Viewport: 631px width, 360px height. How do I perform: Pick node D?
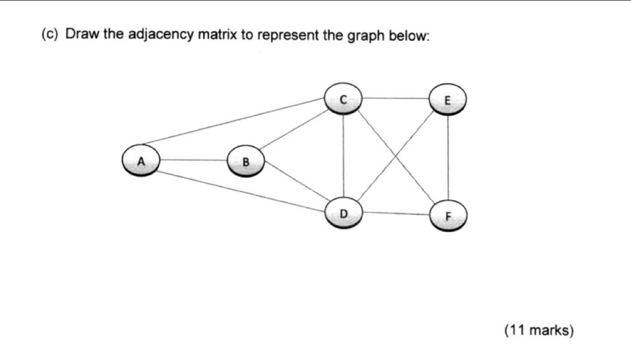point(343,213)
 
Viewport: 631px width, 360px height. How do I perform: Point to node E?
point(448,100)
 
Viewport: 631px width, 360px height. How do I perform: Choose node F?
point(449,216)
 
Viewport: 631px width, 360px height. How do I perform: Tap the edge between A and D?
point(240,190)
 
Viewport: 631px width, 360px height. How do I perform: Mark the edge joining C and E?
point(395,98)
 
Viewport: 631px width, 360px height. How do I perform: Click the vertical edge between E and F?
point(448,158)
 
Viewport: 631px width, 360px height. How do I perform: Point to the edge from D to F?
point(395,214)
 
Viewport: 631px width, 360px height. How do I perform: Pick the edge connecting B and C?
point(294,130)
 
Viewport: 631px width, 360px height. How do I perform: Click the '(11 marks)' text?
point(538,331)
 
